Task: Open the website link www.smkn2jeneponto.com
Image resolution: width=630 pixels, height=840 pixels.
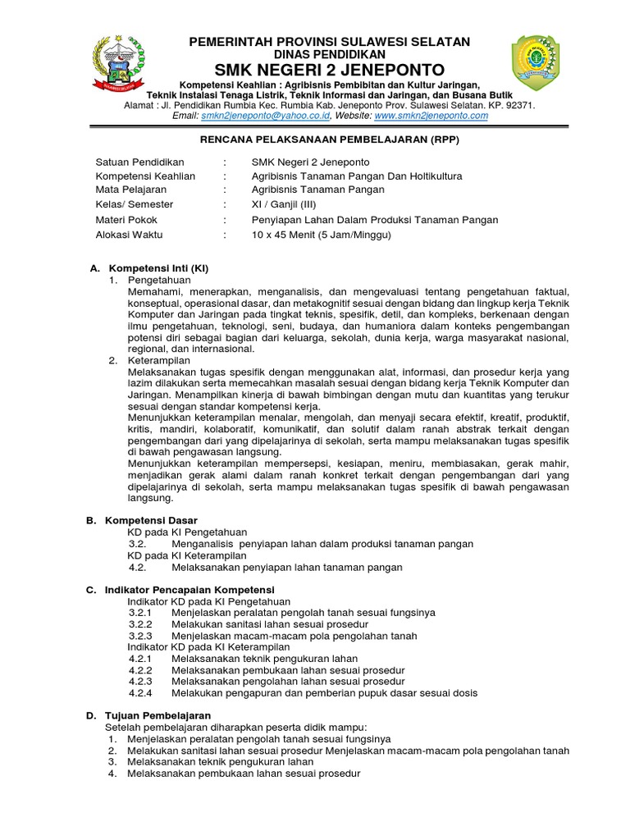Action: click(x=431, y=116)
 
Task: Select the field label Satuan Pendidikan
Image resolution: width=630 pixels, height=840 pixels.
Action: click(x=140, y=162)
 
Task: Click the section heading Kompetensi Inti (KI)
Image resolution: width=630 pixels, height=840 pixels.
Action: click(x=157, y=268)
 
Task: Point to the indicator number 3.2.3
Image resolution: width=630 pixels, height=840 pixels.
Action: click(x=141, y=636)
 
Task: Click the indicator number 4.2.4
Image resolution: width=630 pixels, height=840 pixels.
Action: click(x=141, y=693)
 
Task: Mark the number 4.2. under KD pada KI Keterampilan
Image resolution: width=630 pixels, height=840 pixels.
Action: click(x=137, y=567)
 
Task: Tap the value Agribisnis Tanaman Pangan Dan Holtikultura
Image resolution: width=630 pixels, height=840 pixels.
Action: click(x=357, y=176)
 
